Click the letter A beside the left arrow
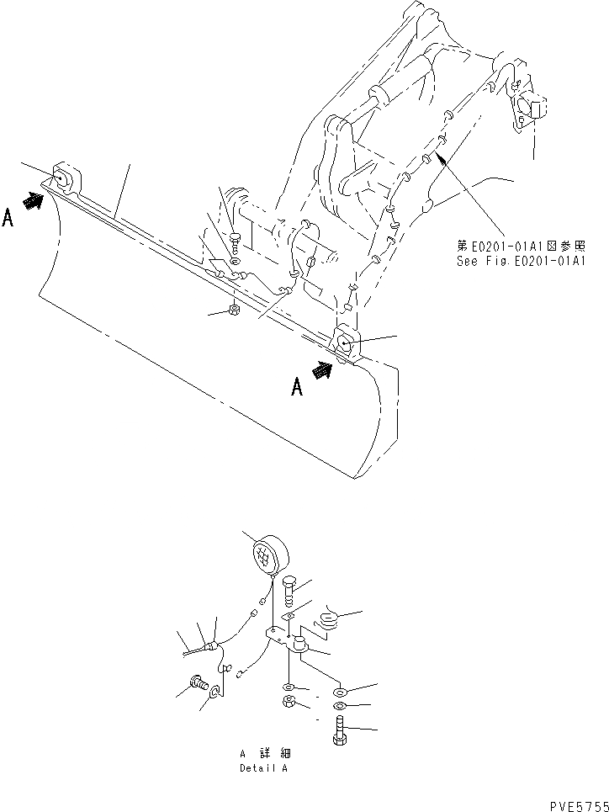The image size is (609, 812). point(8,219)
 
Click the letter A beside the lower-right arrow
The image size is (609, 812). point(296,386)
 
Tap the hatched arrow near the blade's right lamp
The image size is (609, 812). point(322,370)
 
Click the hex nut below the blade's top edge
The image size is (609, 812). point(233,312)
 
